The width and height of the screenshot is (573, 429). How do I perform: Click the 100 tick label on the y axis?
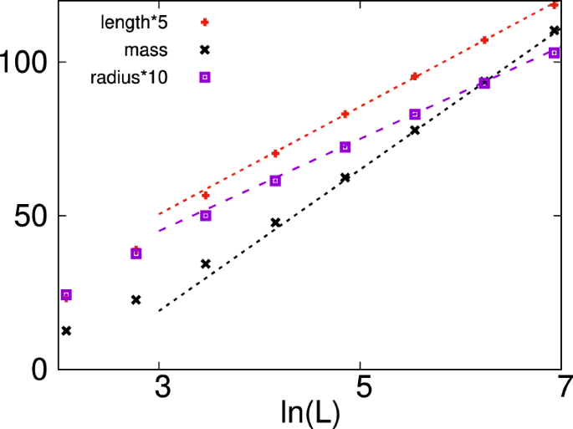coord(24,63)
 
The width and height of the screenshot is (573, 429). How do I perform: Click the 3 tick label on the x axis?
coord(160,389)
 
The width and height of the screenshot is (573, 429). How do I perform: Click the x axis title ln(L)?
coord(311,414)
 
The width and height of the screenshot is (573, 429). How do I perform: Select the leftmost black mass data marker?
coord(66,331)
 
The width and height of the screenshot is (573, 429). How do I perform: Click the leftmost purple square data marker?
coord(66,295)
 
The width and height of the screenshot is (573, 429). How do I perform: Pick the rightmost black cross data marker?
coord(554,31)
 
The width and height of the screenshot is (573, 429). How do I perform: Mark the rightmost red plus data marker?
coord(554,5)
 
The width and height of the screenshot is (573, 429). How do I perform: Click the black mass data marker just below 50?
coord(275,222)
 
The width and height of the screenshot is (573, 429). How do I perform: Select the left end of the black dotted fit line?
coord(159,311)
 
